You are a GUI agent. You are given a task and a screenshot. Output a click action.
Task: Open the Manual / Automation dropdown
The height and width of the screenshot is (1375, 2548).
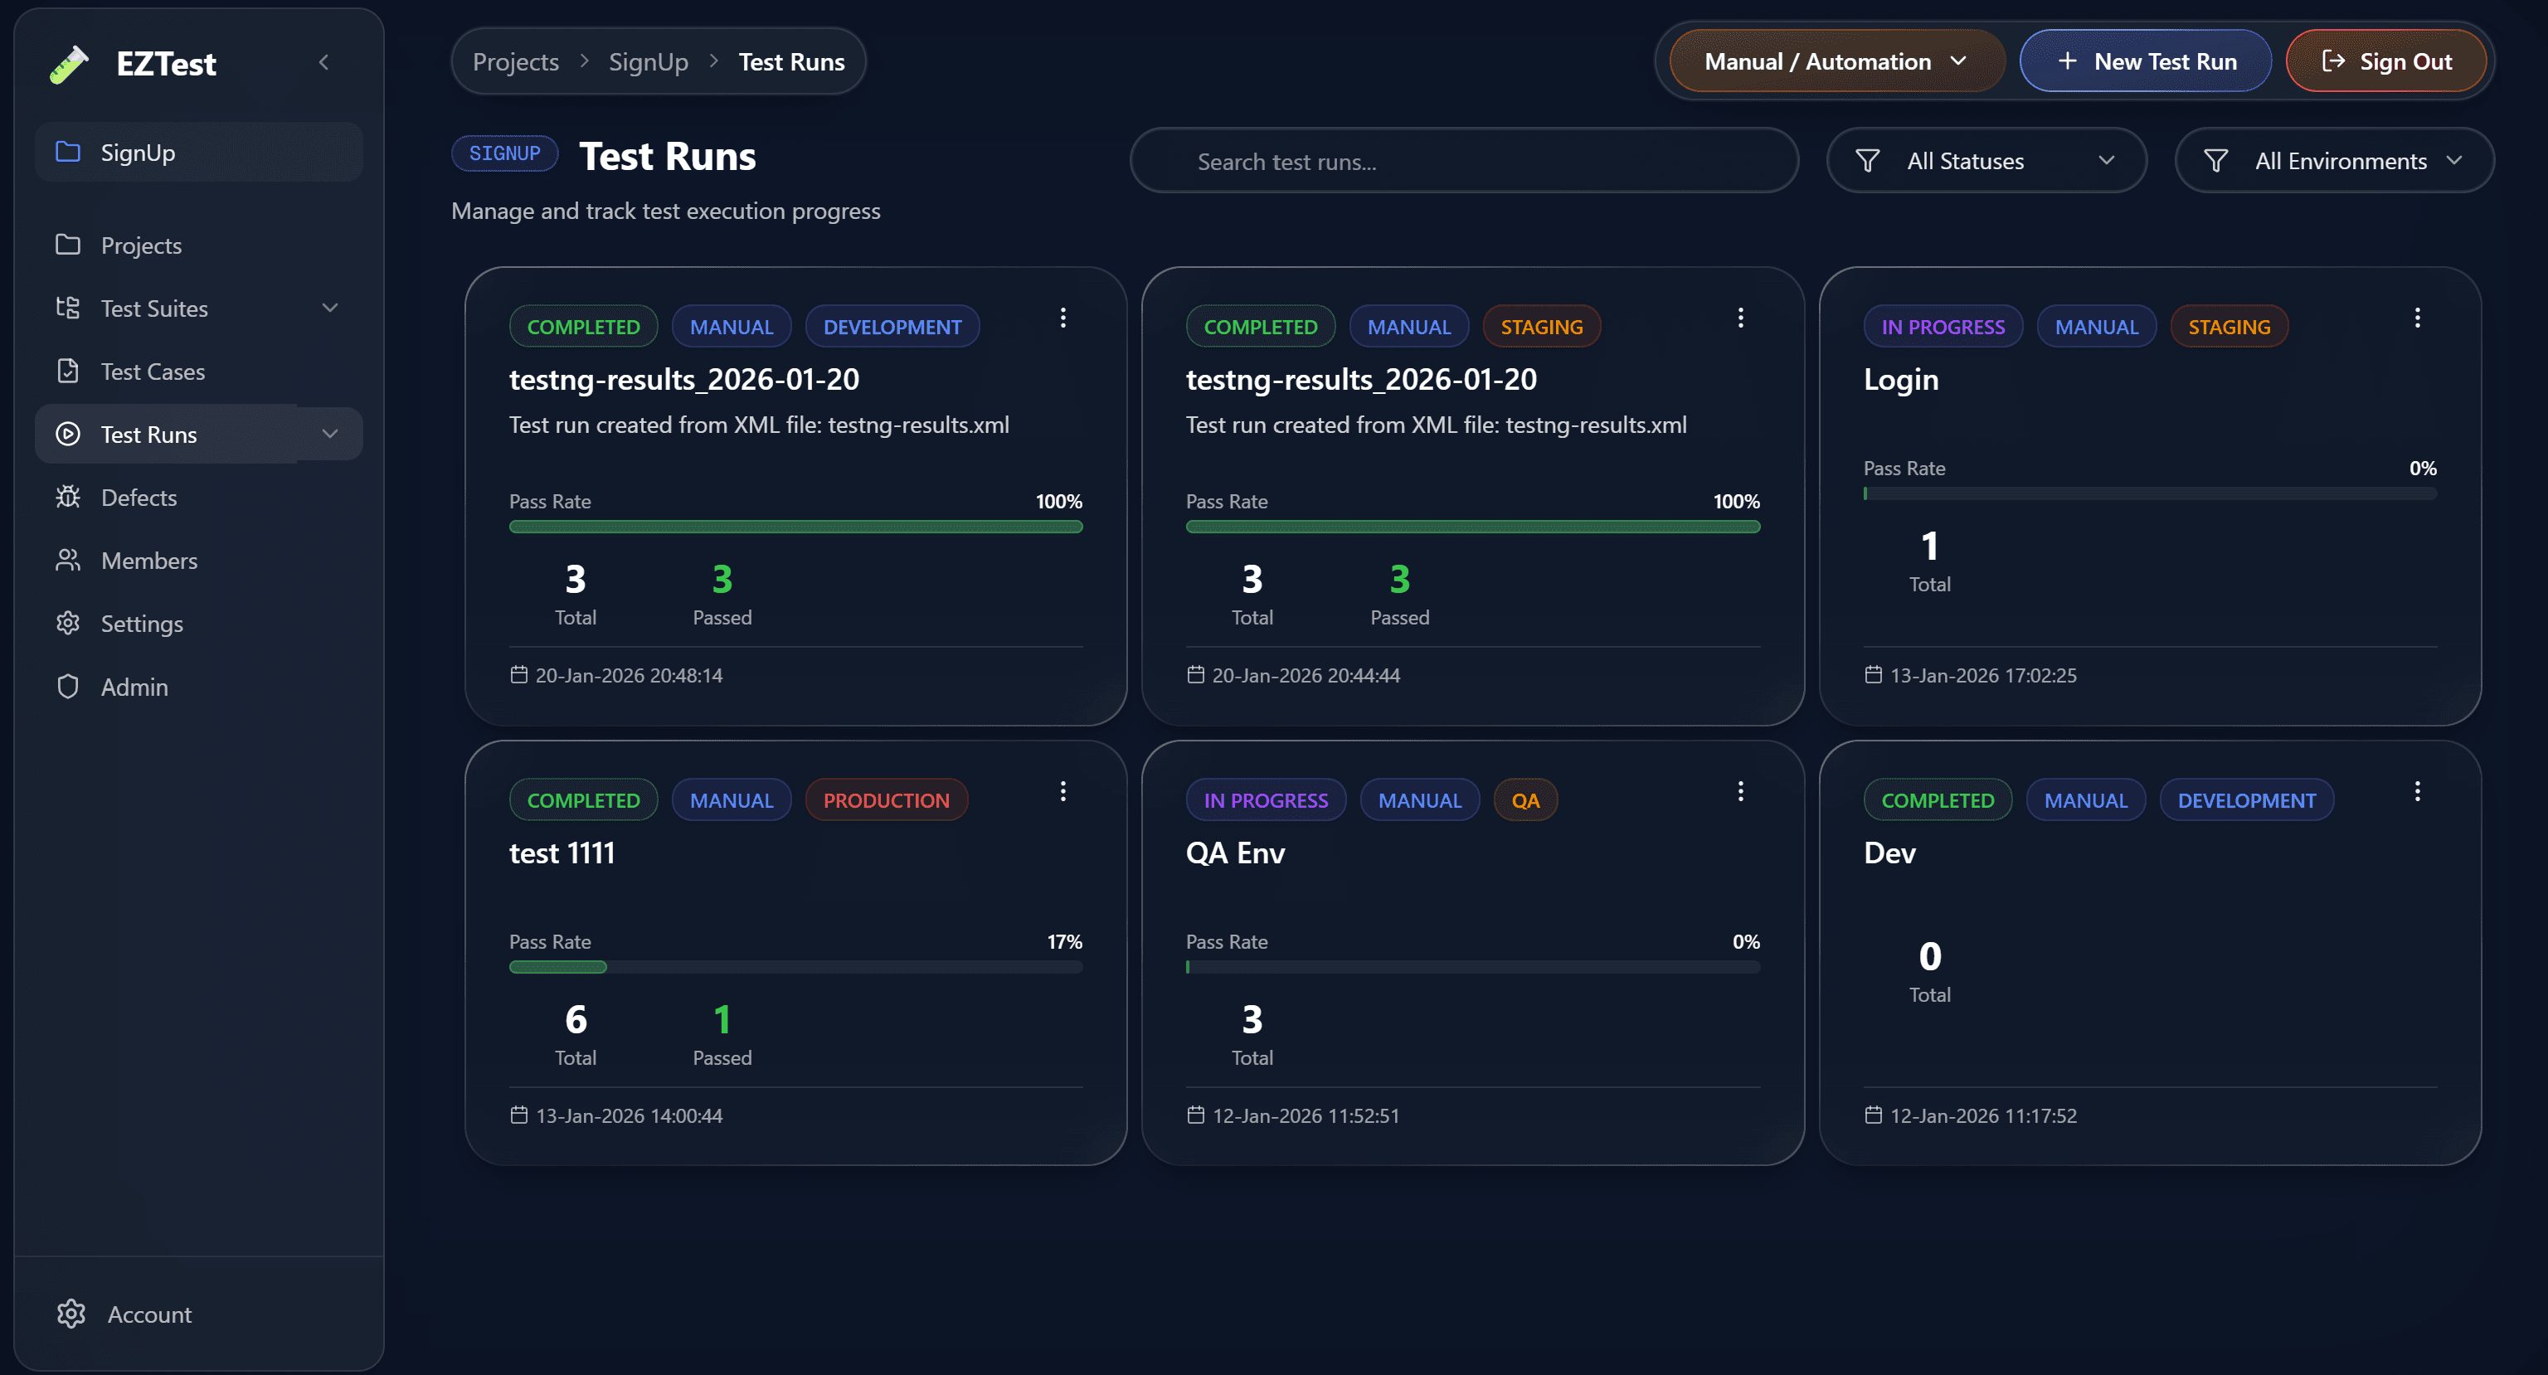coord(1836,61)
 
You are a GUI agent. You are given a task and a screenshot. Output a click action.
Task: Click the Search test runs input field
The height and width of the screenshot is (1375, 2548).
coord(1464,161)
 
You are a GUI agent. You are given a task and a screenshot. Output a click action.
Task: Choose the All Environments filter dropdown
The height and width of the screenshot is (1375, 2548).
coord(2333,161)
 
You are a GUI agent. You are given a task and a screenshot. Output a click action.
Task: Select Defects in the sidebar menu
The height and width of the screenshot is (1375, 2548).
coord(139,498)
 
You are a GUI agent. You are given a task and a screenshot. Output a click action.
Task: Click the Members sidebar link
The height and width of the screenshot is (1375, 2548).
coord(148,561)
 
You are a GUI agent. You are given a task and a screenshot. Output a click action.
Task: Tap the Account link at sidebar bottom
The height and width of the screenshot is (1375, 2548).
coord(148,1314)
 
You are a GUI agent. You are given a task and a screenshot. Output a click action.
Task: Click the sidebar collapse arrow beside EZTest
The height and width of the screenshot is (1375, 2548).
coord(323,62)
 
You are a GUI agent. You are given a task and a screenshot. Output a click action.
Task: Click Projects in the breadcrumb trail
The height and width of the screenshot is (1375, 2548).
coord(515,62)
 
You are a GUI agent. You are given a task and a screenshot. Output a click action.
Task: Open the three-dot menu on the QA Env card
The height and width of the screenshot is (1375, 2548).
coord(1741,791)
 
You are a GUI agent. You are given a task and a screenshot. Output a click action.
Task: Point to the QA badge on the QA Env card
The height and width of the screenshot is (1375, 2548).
coord(1524,800)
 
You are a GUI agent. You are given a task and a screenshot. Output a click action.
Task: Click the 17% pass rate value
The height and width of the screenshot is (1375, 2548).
coord(1064,942)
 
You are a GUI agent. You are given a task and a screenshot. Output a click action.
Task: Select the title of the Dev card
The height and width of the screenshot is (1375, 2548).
coord(1889,853)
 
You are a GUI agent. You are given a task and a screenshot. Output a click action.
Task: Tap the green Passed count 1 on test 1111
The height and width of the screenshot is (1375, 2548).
coord(722,1020)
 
